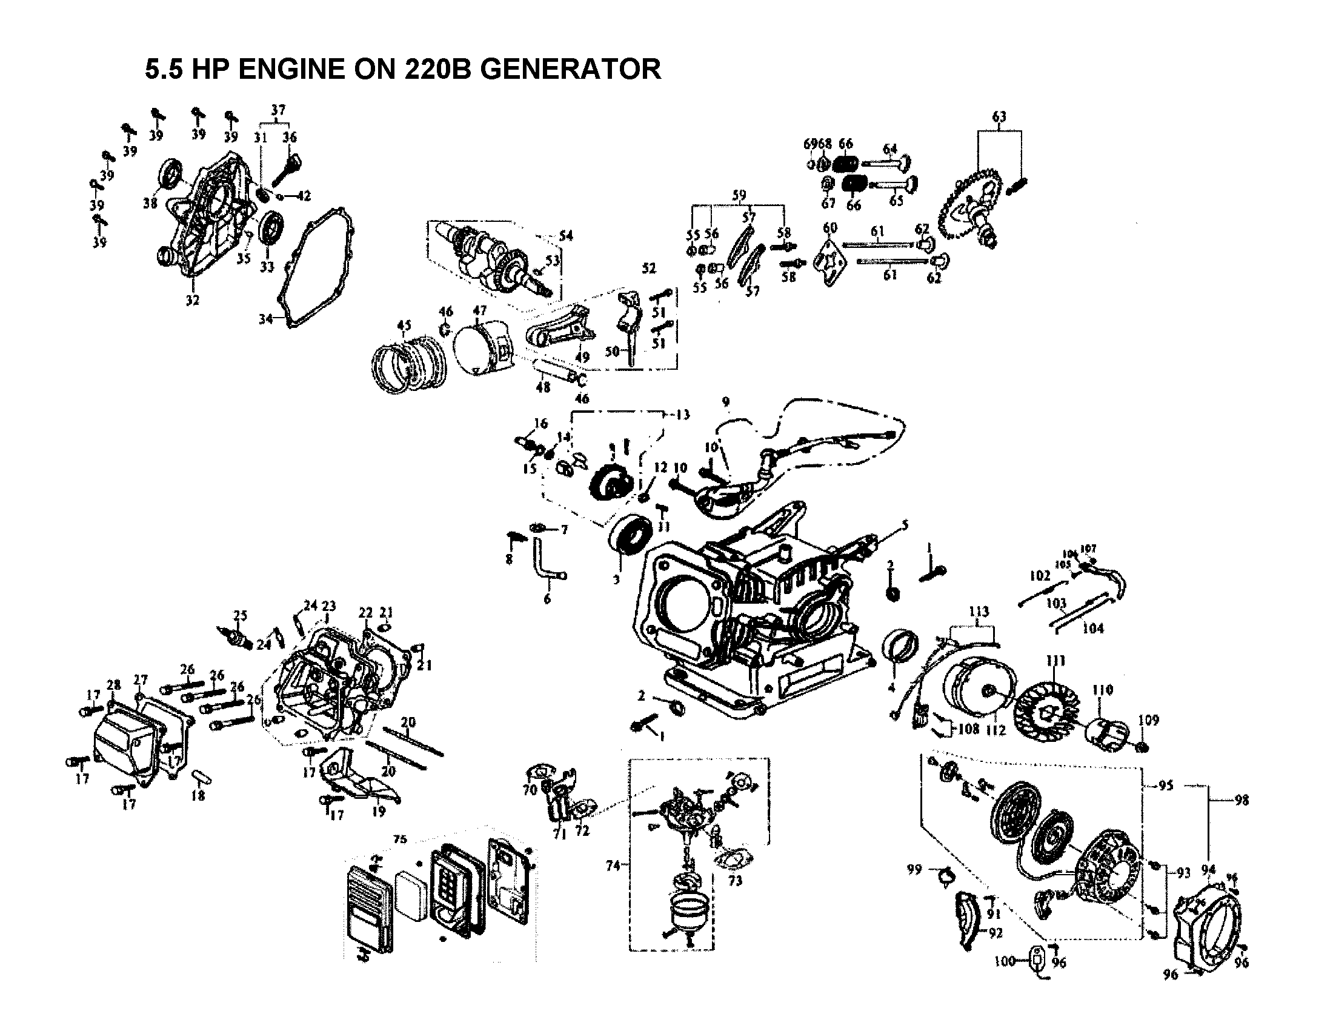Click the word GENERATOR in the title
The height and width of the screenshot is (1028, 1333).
[570, 69]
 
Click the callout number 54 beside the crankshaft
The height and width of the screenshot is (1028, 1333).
[566, 236]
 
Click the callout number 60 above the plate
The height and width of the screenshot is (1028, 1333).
[830, 229]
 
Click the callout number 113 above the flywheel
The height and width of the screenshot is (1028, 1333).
[979, 612]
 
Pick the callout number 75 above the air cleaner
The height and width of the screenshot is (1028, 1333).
[400, 839]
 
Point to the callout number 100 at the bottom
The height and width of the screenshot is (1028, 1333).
[1004, 961]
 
